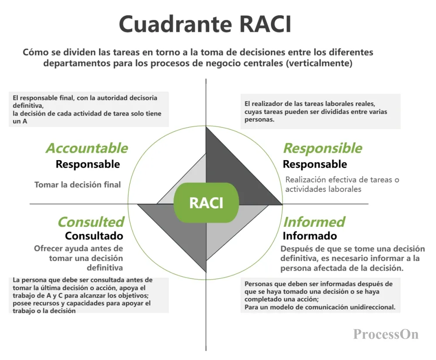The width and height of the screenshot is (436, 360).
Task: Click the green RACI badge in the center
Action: (x=206, y=203)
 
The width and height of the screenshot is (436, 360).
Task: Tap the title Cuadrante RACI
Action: (x=205, y=24)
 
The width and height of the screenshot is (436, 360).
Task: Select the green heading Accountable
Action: (x=87, y=148)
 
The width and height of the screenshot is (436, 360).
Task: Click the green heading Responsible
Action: (x=323, y=148)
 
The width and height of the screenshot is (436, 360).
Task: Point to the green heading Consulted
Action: (x=91, y=222)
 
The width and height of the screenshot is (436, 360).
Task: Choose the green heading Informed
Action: (x=314, y=222)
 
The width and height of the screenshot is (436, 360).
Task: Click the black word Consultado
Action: (x=94, y=236)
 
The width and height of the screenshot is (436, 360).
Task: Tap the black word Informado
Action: (x=310, y=236)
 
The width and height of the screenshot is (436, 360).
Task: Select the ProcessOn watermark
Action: (x=386, y=334)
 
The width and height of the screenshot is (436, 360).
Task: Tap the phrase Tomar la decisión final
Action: (x=78, y=185)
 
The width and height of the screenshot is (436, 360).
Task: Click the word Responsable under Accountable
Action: (x=88, y=164)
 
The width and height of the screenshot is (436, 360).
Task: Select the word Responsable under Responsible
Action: (x=315, y=164)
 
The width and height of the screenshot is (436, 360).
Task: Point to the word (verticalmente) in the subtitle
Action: (x=319, y=63)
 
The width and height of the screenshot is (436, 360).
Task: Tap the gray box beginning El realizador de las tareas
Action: (x=320, y=111)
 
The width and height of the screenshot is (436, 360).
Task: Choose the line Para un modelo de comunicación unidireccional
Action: (x=320, y=307)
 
